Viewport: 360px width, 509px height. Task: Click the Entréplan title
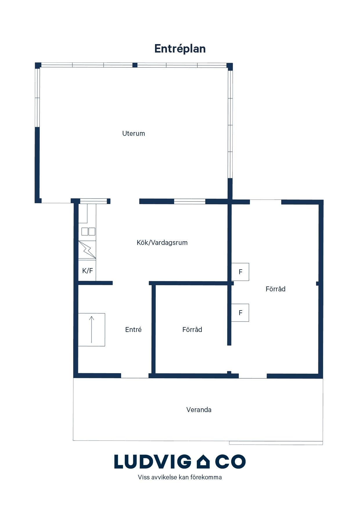tap(180, 49)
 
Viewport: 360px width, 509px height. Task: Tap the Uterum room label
tap(134, 133)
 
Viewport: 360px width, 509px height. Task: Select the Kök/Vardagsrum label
tap(162, 243)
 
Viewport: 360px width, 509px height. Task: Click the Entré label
tap(133, 329)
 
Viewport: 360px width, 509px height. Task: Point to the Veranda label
tap(199, 410)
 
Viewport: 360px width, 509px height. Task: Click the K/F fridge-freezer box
tap(87, 271)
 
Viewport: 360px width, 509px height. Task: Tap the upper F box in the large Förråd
tap(240, 272)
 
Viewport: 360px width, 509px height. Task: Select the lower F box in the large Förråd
tap(240, 313)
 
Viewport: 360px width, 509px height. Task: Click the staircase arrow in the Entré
tap(91, 329)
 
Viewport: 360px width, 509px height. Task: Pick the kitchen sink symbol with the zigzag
tap(87, 250)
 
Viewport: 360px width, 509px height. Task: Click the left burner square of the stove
tap(84, 232)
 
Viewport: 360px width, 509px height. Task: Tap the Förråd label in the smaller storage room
tap(192, 329)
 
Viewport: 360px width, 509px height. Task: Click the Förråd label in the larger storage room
tap(276, 289)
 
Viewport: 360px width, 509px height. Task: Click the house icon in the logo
tap(203, 461)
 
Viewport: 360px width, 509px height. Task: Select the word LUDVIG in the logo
tap(151, 461)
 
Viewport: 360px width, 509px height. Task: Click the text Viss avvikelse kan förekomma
tap(180, 477)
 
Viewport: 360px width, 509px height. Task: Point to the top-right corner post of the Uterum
tap(230, 66)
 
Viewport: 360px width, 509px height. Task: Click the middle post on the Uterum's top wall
tap(135, 65)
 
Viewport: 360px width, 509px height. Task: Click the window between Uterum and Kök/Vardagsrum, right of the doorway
tap(190, 201)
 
